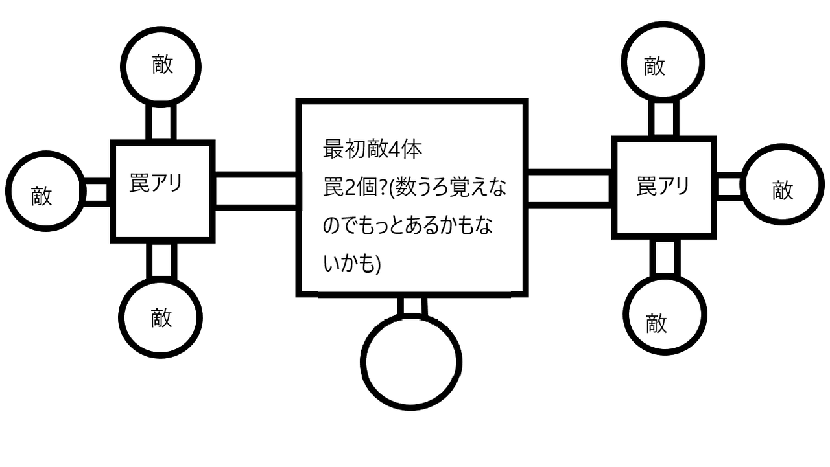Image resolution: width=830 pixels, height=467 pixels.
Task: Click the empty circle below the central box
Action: tap(411, 362)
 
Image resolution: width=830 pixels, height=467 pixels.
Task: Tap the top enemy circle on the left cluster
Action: tap(161, 66)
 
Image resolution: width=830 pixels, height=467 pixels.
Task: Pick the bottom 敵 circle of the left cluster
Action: tap(161, 317)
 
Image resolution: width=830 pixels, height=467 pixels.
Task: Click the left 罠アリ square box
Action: tap(162, 192)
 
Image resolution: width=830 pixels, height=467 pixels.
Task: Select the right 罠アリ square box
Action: tap(663, 187)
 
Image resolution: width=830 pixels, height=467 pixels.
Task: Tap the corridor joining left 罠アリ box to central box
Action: tap(255, 192)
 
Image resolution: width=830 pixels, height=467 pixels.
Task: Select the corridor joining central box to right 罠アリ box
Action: tap(569, 188)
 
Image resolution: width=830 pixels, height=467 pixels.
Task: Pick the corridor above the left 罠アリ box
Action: tap(161, 121)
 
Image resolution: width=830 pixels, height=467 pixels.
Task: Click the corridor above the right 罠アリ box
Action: tap(662, 118)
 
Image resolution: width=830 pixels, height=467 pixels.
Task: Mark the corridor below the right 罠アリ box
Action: tap(664, 256)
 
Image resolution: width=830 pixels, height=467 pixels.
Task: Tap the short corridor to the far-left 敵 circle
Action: tap(97, 192)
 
